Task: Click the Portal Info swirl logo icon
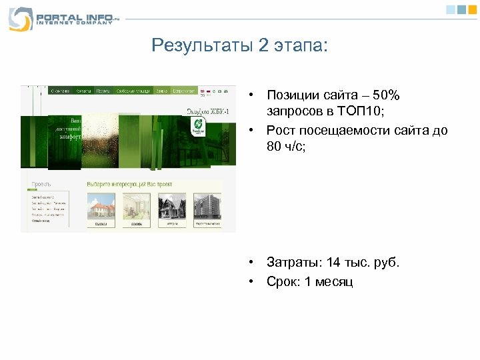click(x=19, y=18)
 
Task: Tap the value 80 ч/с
click(x=285, y=147)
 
